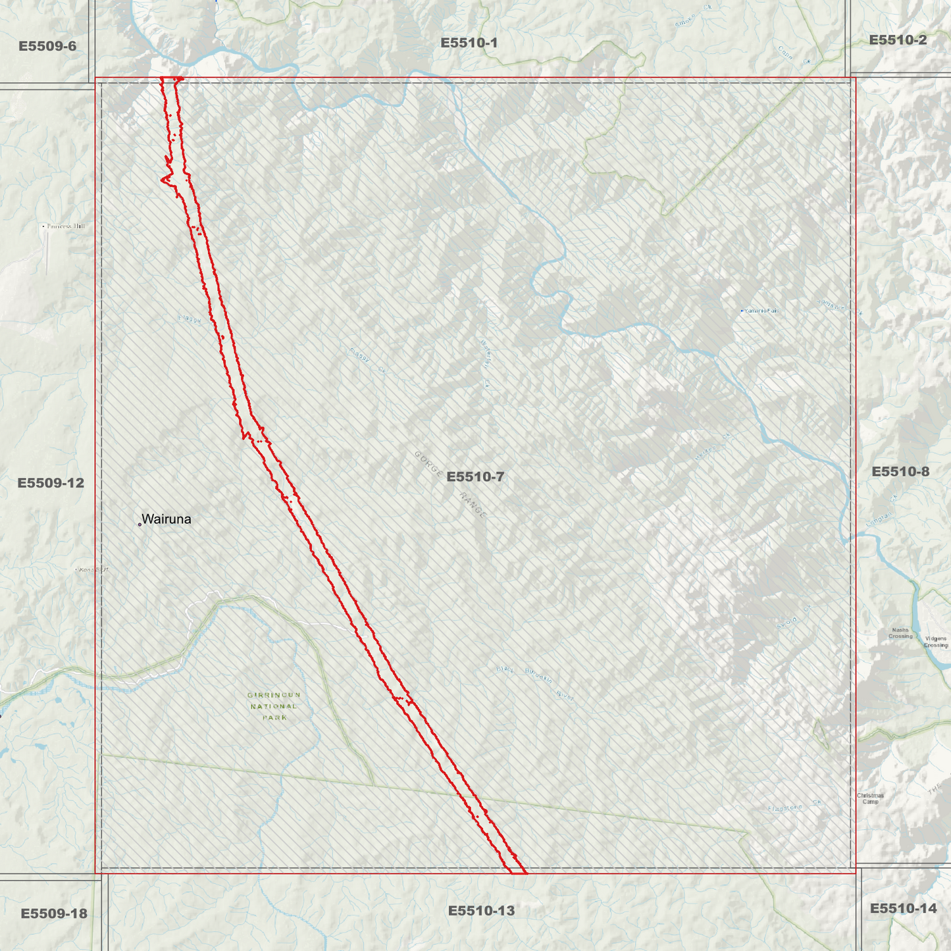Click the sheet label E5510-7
(475, 476)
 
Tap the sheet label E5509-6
(47, 46)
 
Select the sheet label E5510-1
(469, 43)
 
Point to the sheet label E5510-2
(898, 40)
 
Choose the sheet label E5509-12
(51, 483)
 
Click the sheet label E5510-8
(900, 471)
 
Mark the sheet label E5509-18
(54, 913)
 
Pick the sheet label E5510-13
(481, 911)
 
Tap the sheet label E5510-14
(903, 909)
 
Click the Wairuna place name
(167, 519)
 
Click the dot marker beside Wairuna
(140, 525)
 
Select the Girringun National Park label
(274, 706)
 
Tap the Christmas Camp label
(870, 798)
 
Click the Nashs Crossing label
(900, 633)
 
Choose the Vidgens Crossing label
(935, 642)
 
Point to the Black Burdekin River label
(534, 681)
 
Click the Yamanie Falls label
(761, 311)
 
